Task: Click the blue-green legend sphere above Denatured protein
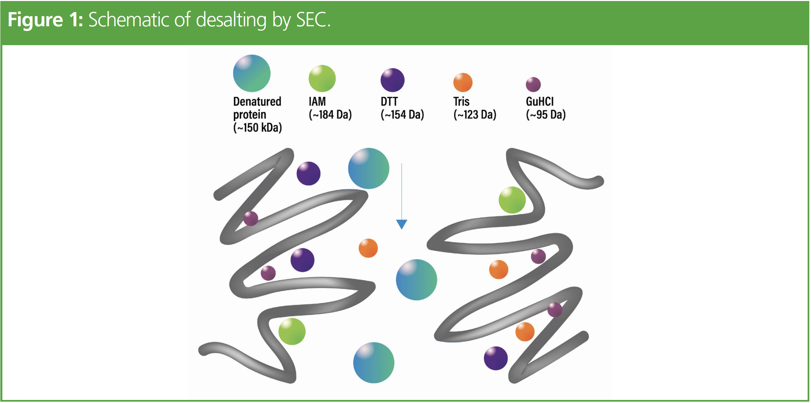coord(252,73)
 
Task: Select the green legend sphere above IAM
coord(322,79)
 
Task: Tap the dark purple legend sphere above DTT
coord(392,80)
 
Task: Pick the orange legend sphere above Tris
coord(463,83)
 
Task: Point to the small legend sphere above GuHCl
coord(533,84)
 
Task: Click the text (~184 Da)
coord(330,115)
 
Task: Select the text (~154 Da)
coord(402,115)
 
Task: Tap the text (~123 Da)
coord(475,115)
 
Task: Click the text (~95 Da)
coord(546,115)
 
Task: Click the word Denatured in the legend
coord(257,101)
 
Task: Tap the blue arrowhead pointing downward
coord(401,224)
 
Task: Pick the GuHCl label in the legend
coord(540,101)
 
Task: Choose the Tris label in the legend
coord(461,101)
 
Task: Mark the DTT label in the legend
coord(389,101)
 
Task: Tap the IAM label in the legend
coord(317,101)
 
